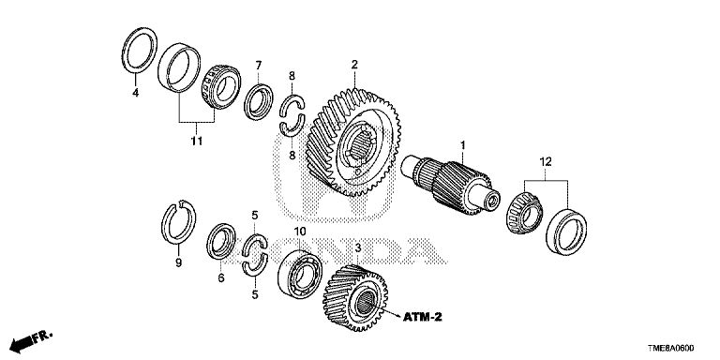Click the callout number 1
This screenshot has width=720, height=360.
click(x=463, y=146)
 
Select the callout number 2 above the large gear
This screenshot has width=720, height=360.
click(x=354, y=65)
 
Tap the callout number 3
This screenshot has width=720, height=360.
click(x=358, y=248)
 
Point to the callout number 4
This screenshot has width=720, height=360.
click(x=135, y=93)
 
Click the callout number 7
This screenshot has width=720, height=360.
click(x=259, y=66)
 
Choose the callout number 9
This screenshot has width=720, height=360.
click(x=179, y=262)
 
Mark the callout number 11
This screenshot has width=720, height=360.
click(x=197, y=141)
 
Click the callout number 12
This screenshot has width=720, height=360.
click(x=546, y=161)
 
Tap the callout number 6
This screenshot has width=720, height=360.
click(x=221, y=277)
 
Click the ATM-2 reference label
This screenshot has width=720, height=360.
click(x=423, y=317)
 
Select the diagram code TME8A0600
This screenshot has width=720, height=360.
click(x=671, y=348)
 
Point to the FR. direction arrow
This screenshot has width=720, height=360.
click(x=30, y=340)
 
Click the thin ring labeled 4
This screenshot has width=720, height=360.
click(x=140, y=50)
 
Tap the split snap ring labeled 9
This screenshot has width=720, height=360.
click(x=179, y=222)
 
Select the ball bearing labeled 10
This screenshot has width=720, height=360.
click(x=300, y=274)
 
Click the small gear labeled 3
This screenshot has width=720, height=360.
click(x=355, y=297)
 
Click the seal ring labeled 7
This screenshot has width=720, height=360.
click(x=259, y=102)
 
